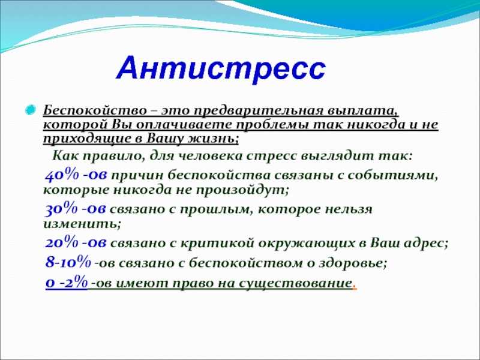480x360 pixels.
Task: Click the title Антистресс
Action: point(221,70)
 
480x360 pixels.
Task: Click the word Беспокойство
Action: point(95,110)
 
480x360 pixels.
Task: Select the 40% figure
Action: point(62,175)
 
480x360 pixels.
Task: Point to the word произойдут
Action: point(242,190)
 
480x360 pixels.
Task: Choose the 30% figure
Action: point(62,209)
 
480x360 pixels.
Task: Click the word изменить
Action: point(82,223)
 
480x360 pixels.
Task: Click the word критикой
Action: point(218,244)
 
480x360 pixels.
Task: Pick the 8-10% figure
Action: point(68,262)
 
